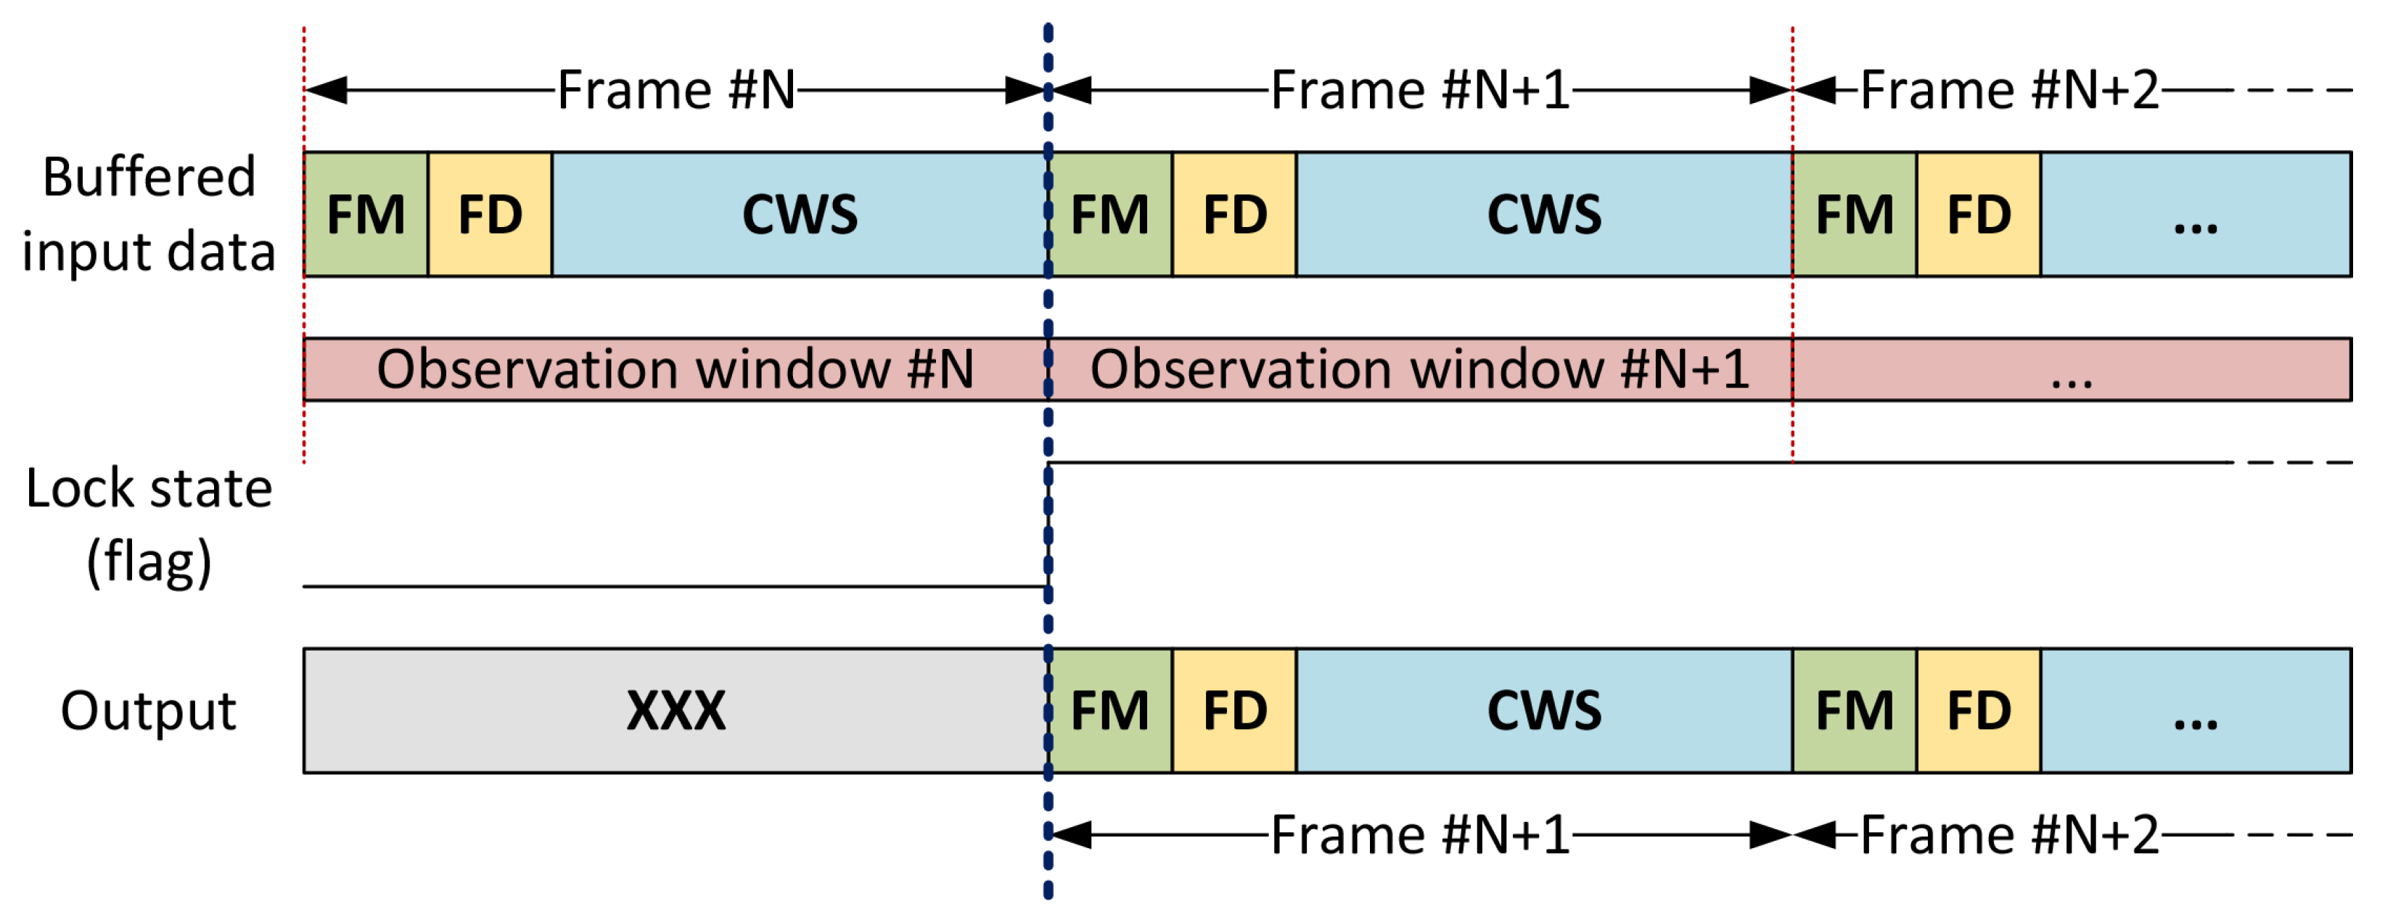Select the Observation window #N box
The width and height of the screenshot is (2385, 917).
676,369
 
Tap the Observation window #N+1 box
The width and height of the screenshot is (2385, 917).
1419,369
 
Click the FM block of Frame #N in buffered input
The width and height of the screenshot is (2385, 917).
366,215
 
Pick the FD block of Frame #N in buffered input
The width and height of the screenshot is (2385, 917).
490,215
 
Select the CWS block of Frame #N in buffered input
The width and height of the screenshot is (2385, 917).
800,215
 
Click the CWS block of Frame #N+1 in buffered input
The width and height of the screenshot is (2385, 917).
1543,215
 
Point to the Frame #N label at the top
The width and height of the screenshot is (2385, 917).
676,90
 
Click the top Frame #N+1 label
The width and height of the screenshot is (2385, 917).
1419,90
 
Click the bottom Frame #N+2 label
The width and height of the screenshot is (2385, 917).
2009,834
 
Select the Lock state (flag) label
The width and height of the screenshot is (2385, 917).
148,525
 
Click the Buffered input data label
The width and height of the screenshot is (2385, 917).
148,215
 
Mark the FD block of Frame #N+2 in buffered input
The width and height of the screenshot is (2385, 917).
1979,215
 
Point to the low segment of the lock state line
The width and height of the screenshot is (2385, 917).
676,585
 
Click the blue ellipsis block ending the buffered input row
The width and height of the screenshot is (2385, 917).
2195,215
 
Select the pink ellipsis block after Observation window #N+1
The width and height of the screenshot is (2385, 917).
2071,369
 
